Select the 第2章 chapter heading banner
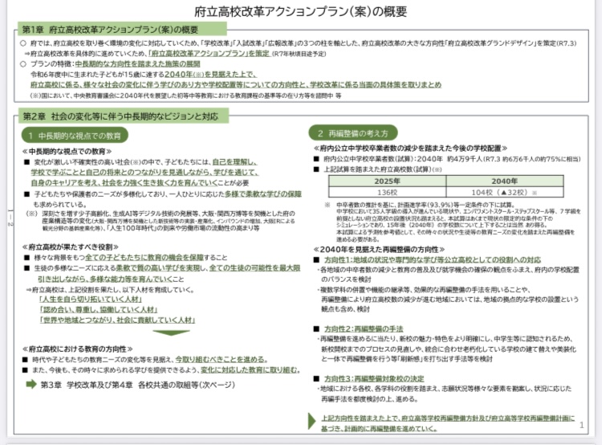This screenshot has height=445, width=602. (121, 117)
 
